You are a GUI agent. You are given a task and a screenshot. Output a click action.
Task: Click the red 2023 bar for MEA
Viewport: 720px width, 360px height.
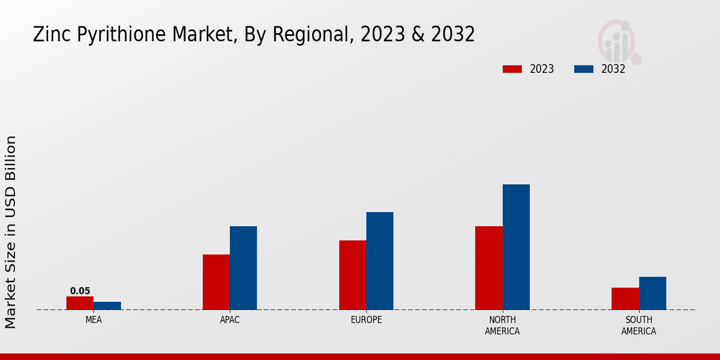coord(80,303)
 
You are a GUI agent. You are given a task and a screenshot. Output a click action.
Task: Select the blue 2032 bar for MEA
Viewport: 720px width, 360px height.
coord(107,306)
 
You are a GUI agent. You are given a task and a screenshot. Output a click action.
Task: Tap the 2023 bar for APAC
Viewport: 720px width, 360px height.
coord(216,282)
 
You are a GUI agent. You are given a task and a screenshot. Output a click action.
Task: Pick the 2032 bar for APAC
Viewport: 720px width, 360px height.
coord(243,268)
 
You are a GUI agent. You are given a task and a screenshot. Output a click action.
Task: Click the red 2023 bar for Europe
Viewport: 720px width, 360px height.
coord(352,275)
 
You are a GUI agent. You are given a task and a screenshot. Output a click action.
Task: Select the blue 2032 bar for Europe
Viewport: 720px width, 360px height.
coord(380,261)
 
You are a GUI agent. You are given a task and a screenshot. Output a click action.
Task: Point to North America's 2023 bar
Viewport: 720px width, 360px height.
coord(488,268)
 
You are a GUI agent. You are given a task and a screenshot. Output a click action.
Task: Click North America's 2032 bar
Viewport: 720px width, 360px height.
coord(516,247)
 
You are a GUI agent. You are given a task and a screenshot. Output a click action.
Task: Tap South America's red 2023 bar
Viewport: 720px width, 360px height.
coord(625,299)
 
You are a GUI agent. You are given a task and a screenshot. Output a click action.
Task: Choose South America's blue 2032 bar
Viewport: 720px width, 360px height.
coord(652,293)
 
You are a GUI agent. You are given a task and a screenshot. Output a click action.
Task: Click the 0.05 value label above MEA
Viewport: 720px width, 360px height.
coord(80,291)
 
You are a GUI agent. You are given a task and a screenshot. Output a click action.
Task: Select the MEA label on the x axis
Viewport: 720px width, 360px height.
coord(94,320)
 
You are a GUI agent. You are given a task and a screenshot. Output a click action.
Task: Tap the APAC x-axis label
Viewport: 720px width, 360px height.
coord(230,320)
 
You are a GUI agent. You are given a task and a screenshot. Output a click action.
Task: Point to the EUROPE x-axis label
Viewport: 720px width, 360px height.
coord(366,320)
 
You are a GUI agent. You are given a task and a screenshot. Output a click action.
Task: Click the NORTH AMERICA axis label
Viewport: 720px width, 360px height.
coord(502,325)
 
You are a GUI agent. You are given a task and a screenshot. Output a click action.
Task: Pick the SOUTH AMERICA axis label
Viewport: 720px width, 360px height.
coord(638,325)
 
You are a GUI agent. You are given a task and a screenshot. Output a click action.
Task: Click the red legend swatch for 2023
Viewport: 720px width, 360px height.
coord(512,69)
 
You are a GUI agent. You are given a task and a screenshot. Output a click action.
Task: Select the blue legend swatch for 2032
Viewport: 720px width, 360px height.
coord(584,69)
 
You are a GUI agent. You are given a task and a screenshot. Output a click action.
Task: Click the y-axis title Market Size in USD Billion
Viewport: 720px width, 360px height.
coord(11,232)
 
